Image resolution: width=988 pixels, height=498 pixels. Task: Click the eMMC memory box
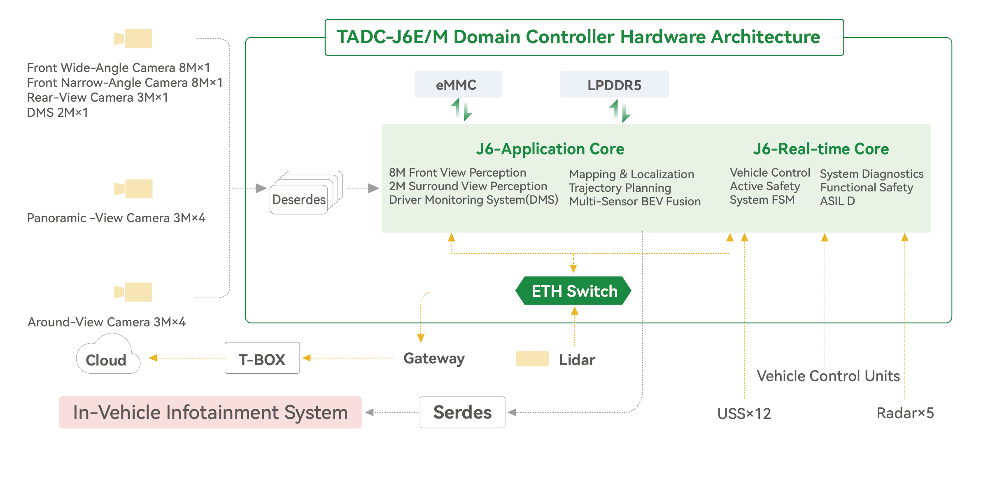(x=458, y=84)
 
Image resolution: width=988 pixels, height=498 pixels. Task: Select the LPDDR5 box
(x=614, y=85)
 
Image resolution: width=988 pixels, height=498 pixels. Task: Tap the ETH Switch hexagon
(x=574, y=291)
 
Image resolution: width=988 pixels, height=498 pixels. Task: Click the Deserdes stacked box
(x=299, y=199)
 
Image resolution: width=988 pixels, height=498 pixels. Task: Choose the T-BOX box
(x=262, y=359)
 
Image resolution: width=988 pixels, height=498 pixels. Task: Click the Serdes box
(x=462, y=412)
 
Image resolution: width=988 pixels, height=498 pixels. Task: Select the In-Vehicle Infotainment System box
(x=210, y=412)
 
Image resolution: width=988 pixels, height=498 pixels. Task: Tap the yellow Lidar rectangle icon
(x=532, y=359)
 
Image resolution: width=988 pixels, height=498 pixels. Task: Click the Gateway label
(x=434, y=358)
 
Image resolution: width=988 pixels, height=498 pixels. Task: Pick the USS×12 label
(x=744, y=413)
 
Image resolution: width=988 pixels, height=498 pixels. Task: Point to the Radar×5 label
(x=905, y=413)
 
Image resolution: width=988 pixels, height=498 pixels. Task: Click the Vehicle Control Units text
(x=828, y=376)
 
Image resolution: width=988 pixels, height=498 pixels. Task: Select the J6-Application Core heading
(x=550, y=149)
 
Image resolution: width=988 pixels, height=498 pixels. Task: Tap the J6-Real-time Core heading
(x=821, y=149)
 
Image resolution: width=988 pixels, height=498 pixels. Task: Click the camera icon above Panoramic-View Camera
(x=133, y=189)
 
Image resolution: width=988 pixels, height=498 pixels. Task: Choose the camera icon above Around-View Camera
(x=133, y=292)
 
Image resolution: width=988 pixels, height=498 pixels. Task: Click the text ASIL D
(x=837, y=201)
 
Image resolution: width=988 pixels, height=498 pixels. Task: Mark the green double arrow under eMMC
(x=461, y=109)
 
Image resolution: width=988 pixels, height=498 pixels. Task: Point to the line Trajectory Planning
(x=620, y=188)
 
